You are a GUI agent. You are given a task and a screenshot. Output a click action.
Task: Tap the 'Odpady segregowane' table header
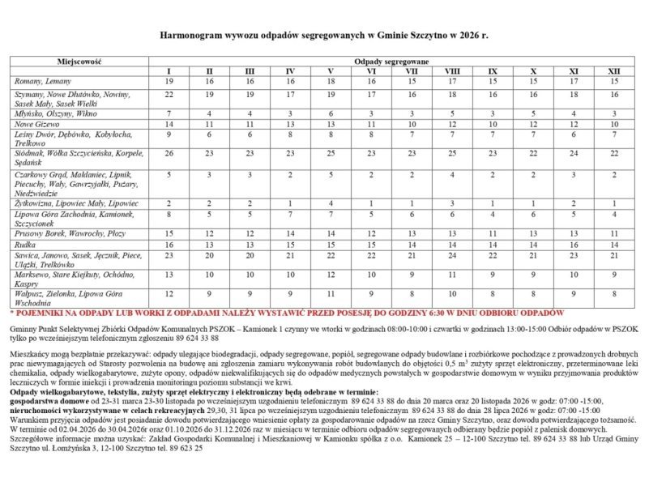click(391, 62)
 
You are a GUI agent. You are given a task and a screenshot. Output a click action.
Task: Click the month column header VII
click(412, 71)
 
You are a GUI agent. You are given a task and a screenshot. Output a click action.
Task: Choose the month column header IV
click(290, 71)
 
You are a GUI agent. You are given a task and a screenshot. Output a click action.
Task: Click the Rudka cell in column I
click(169, 244)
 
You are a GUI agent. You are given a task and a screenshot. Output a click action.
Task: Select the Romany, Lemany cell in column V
click(331, 82)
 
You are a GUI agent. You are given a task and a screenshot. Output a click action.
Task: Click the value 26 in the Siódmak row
click(169, 153)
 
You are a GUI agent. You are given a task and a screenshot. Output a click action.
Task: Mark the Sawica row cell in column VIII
click(452, 254)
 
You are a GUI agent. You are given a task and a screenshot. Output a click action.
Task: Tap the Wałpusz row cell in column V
click(331, 293)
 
